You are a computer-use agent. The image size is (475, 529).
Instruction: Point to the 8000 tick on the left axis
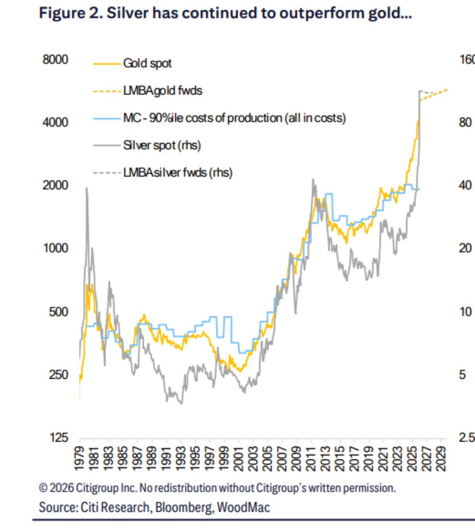tap(56, 60)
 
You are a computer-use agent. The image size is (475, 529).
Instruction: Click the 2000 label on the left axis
tap(56, 185)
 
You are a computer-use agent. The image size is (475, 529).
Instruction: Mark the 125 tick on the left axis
tap(59, 438)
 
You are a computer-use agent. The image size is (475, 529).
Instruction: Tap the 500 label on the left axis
tap(59, 312)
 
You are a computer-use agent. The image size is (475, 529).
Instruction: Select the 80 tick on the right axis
tap(465, 122)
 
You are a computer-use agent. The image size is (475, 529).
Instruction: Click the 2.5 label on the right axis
tap(467, 438)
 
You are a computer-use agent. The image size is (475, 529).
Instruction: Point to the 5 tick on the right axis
tap(462, 375)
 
